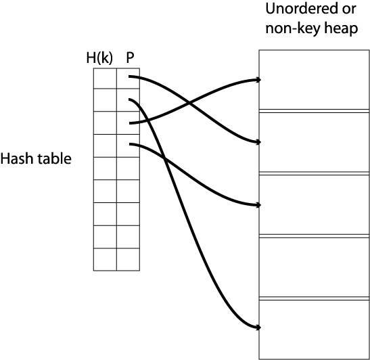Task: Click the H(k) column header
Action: [99, 58]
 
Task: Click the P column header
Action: [131, 58]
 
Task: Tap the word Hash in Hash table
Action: [17, 158]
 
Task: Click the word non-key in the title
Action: [293, 29]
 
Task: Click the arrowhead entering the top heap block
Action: [258, 80]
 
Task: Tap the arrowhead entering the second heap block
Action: [258, 142]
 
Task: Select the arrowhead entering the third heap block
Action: [258, 205]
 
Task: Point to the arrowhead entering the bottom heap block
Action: [258, 328]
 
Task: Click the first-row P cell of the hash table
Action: [128, 78]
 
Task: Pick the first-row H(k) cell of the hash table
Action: [105, 78]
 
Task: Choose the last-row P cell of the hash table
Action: [128, 259]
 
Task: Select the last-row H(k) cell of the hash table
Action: [105, 259]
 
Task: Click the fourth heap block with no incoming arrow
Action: [314, 267]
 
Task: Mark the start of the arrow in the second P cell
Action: [129, 99]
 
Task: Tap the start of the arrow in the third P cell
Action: [130, 123]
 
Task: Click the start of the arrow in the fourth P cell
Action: [130, 144]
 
